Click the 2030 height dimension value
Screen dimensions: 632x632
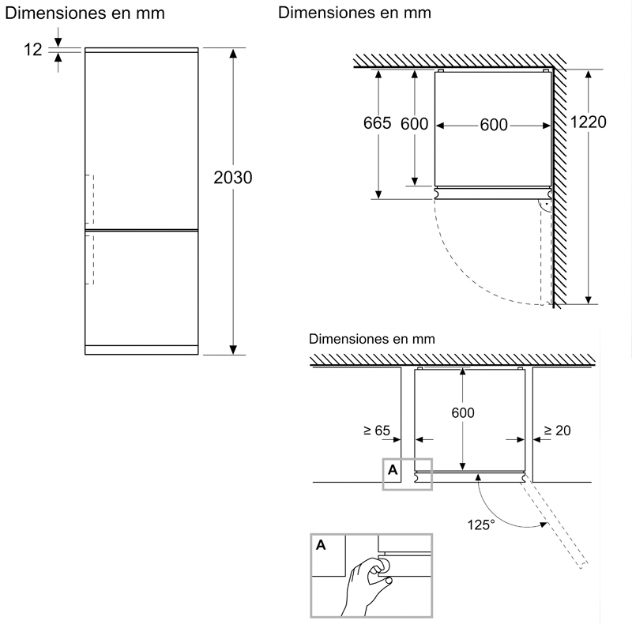232,178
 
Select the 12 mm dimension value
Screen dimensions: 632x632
32,50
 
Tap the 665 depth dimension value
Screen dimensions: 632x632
378,124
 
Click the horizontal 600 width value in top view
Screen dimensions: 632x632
493,125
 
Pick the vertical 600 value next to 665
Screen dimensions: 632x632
414,124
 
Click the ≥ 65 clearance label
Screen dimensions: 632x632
377,431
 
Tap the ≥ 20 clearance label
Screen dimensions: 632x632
557,431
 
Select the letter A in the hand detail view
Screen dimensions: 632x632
321,545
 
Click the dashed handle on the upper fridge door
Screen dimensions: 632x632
91,197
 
